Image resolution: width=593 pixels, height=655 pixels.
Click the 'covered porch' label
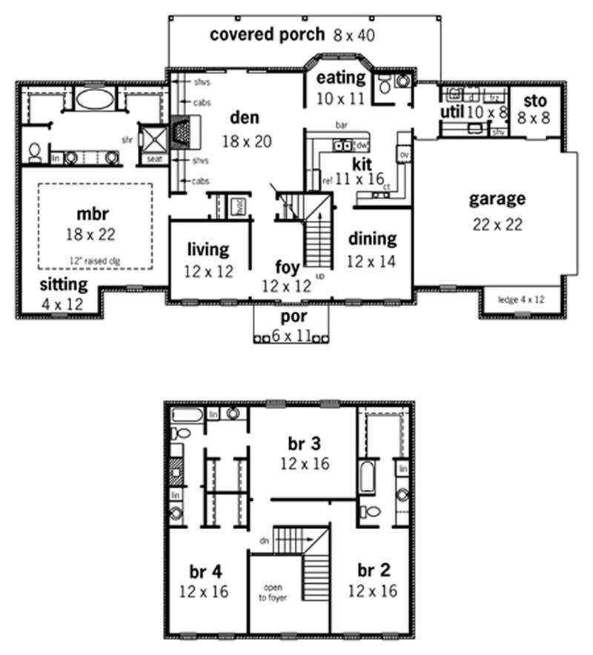pyautogui.click(x=267, y=34)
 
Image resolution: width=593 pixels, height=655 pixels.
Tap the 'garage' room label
pyautogui.click(x=497, y=199)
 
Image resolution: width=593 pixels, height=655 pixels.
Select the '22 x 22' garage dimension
pyautogui.click(x=497, y=225)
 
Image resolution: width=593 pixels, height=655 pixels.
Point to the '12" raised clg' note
pyautogui.click(x=93, y=260)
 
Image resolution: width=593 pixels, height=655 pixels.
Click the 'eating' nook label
pyautogui.click(x=341, y=77)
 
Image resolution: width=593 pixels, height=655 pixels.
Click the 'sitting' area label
pyautogui.click(x=63, y=284)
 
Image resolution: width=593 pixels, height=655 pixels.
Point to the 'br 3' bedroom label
pyautogui.click(x=305, y=443)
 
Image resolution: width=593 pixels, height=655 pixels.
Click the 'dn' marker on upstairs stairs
pyautogui.click(x=263, y=540)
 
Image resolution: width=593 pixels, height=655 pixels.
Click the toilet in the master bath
pyautogui.click(x=34, y=152)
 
